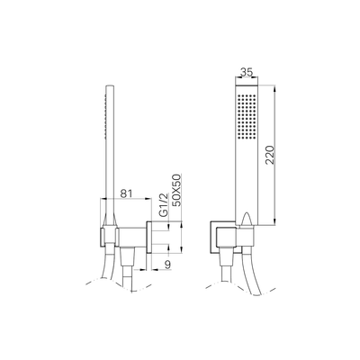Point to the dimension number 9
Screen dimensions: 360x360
click(166, 265)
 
